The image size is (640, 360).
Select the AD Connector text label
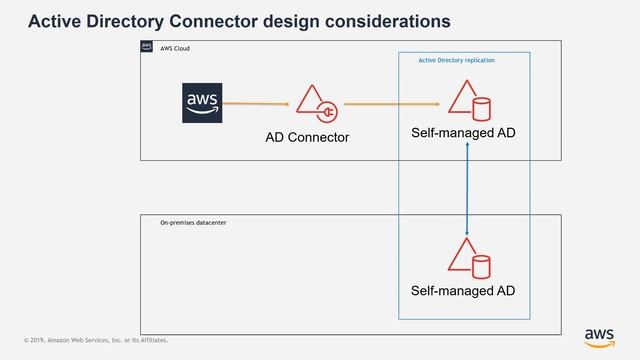(307, 137)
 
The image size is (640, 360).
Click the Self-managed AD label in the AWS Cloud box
(463, 133)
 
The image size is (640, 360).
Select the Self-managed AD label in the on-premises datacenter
(463, 292)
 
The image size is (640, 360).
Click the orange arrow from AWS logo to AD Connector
(257, 103)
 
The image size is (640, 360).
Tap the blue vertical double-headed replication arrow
(468, 190)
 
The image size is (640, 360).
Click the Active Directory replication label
(456, 60)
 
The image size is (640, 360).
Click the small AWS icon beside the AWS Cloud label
(147, 46)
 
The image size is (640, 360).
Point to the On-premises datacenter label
(193, 222)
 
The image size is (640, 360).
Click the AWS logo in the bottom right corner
(599, 336)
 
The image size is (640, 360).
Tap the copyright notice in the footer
(97, 341)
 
